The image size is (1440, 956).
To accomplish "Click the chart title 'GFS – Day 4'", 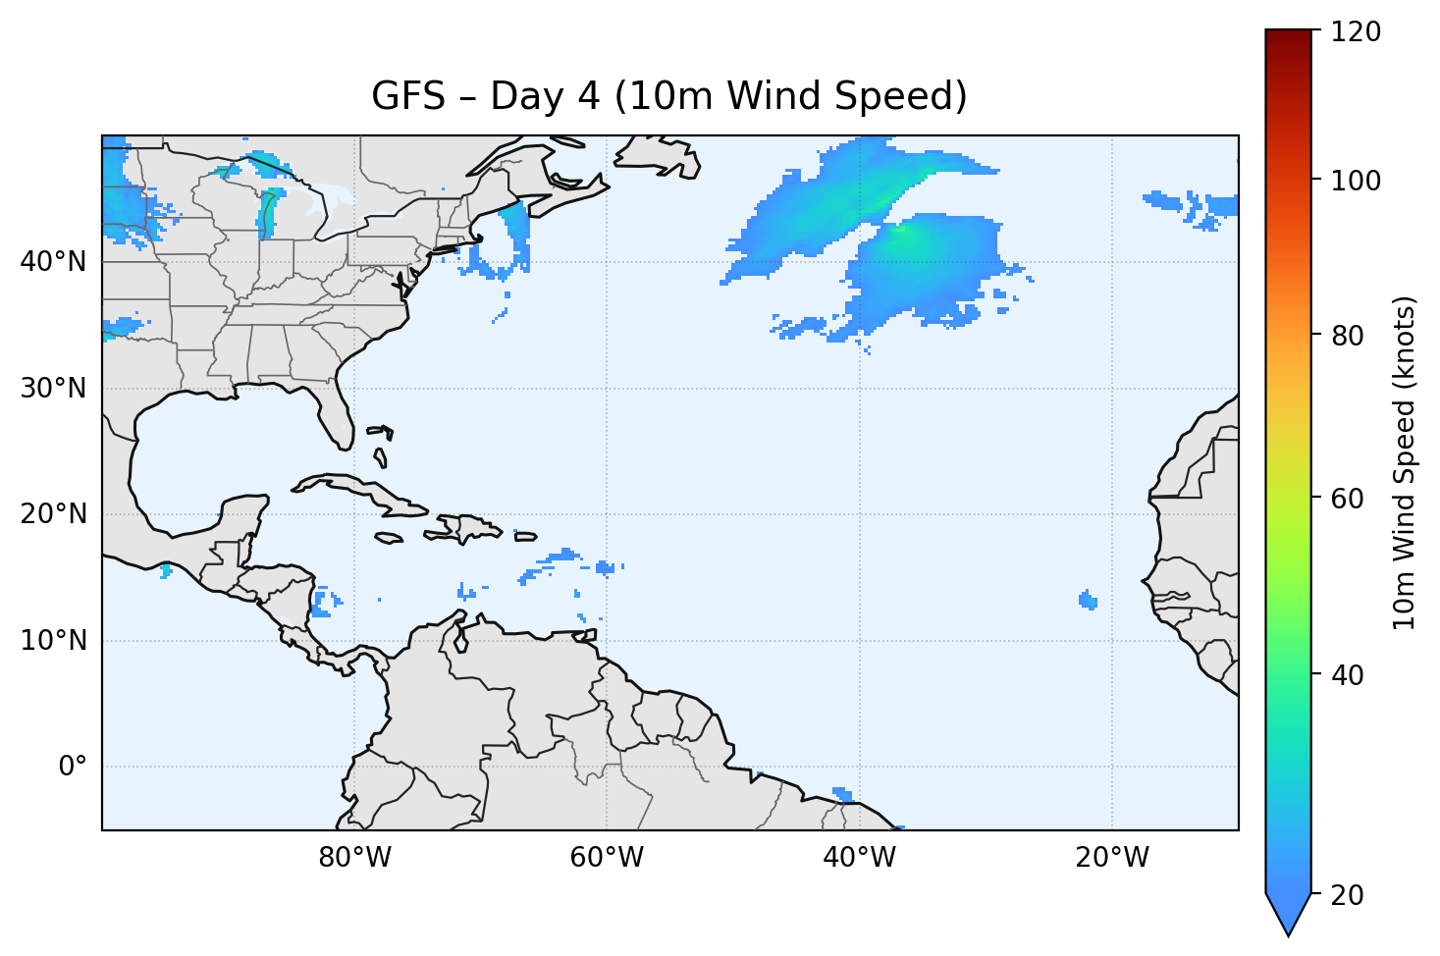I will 669,96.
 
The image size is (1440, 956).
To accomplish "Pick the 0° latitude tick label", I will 73,767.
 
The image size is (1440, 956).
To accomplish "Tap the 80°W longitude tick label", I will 354,858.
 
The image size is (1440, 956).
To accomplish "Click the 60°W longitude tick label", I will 607,858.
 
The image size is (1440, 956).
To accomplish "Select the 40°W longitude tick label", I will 859,858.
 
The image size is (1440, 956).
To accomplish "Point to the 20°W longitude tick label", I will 1111,858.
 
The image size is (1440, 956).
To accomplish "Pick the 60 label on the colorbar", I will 1350,499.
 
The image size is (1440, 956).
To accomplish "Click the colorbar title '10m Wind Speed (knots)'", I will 1405,462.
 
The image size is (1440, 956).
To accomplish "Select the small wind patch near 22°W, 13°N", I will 1088,600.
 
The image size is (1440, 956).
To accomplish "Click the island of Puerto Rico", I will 526,536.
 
